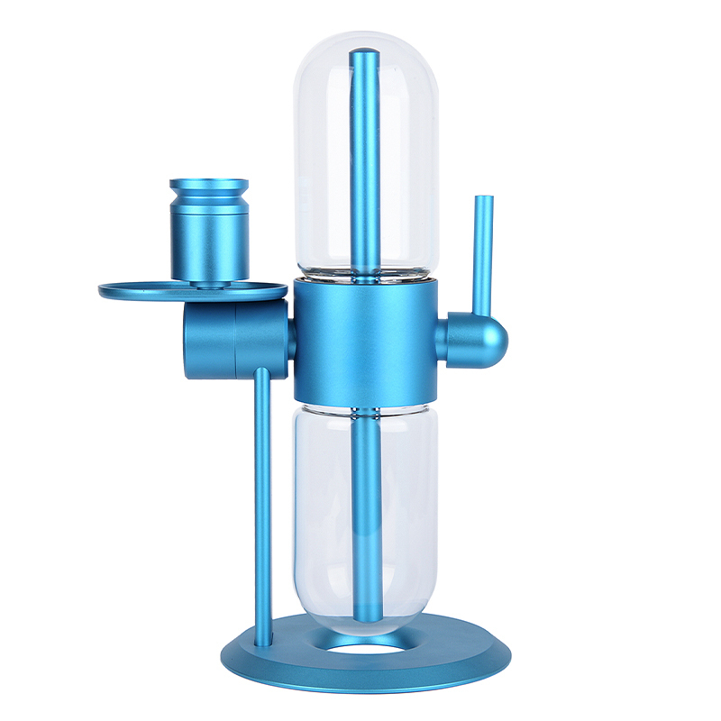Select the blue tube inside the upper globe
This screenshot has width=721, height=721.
click(x=365, y=162)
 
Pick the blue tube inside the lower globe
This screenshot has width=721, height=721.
click(x=365, y=514)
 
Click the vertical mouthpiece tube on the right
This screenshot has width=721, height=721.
click(x=483, y=252)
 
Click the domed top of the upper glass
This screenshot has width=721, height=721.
click(x=366, y=41)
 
